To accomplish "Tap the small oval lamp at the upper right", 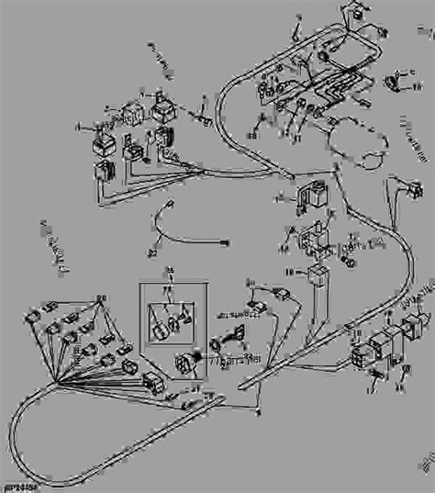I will [394, 85].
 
